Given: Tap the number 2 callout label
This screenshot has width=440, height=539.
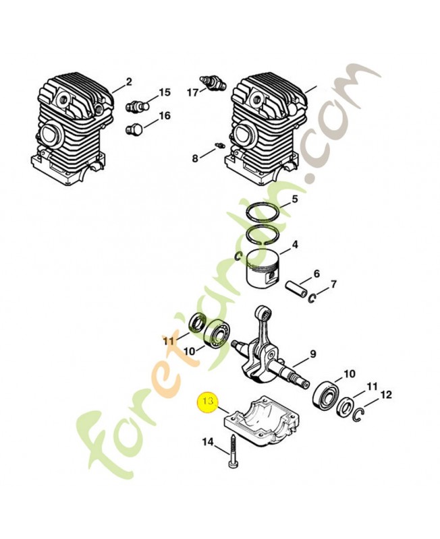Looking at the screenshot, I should coord(130,82).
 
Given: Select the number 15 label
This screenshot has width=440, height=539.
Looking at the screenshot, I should coord(165,92).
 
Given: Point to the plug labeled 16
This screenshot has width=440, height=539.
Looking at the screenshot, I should coord(134,128).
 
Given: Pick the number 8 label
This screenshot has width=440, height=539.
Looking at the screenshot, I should coord(194,158).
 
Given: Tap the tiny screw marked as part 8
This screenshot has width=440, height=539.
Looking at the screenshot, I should coord(219,146).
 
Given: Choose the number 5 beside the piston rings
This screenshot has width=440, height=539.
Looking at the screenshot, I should coord(294,199).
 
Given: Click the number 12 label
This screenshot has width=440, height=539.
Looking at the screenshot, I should coord(385,394).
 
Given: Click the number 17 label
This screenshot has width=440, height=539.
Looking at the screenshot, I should coord(192,92).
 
